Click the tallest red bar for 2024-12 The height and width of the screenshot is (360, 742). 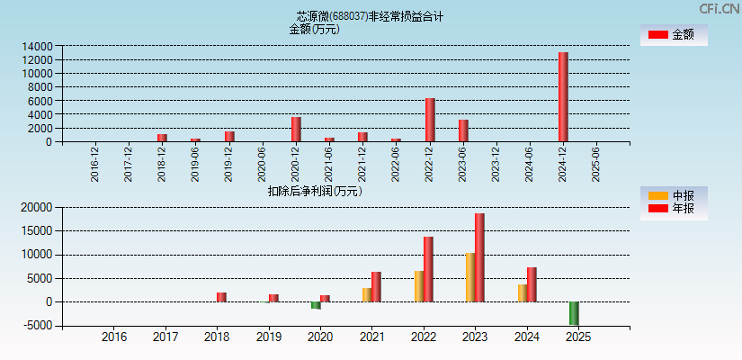point(563,97)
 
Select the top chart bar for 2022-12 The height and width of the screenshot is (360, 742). point(430,120)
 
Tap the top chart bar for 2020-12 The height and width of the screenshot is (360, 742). point(296,130)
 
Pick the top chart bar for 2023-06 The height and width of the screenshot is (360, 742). point(463,130)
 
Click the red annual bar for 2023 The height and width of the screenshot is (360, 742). point(479,257)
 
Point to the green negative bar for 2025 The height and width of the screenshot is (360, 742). point(574,313)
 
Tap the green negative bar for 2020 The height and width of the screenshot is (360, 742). point(316,305)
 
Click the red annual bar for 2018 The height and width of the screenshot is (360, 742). point(221,297)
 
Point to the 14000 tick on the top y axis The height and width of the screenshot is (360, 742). point(38,46)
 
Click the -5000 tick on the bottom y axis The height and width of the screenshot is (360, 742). point(37,326)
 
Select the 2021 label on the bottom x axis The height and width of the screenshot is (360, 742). point(372,337)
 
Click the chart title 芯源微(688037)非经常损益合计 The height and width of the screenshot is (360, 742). point(370,16)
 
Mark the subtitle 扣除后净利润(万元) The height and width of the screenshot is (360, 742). point(314,191)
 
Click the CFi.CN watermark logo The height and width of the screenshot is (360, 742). point(719,9)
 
